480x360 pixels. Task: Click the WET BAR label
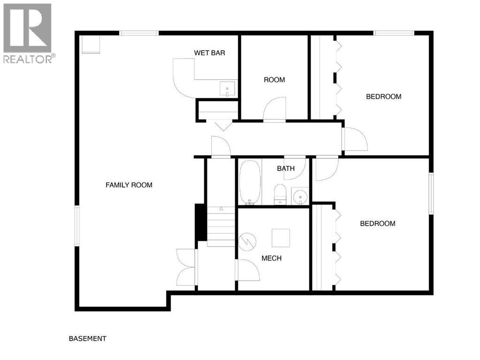209,52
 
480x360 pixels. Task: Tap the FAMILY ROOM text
129,185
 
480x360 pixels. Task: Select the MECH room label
271,258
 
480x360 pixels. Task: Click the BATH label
286,168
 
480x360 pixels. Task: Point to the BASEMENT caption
87,338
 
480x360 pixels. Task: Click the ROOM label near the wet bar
274,80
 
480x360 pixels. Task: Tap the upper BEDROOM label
383,97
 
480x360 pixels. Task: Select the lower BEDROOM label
377,224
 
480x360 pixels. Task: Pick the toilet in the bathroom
280,194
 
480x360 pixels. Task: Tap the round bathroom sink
300,196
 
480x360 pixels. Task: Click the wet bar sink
228,88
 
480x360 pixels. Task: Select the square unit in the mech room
281,237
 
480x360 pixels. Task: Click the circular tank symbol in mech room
247,242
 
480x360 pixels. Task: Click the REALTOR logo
28,33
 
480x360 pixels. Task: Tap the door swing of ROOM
274,110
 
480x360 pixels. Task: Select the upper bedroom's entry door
355,139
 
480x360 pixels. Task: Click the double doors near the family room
187,266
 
